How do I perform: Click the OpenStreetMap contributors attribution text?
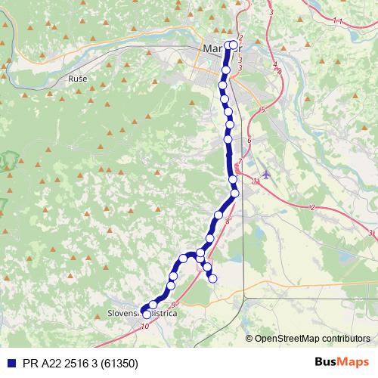tap(312, 338)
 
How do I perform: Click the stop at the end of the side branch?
tap(212, 278)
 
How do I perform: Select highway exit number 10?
tap(144, 327)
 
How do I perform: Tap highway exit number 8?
tap(227, 220)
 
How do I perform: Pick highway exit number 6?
tap(249, 141)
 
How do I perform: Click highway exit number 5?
tap(262, 110)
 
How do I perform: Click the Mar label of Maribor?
tap(212, 49)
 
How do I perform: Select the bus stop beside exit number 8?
tap(219, 215)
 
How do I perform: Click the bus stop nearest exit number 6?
tap(228, 140)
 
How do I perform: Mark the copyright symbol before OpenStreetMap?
tap(249, 338)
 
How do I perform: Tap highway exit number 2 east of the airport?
tap(312, 207)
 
